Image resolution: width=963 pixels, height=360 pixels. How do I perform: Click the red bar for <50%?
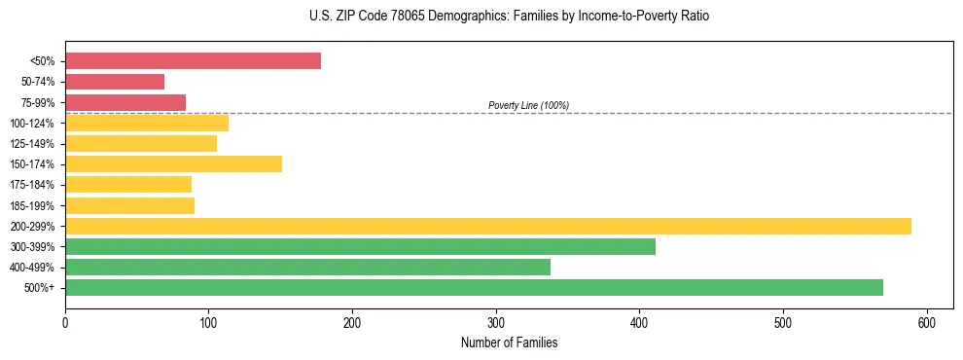tap(193, 61)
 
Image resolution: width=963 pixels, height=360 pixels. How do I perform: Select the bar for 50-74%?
tap(115, 82)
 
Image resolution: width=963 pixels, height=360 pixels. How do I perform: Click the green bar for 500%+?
tap(474, 287)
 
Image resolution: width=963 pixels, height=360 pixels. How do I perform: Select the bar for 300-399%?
tap(360, 246)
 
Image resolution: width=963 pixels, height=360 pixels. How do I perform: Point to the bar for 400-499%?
tap(307, 267)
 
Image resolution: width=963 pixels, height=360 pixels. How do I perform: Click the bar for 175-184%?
tap(128, 184)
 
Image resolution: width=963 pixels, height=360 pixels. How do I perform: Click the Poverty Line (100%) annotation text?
tap(528, 105)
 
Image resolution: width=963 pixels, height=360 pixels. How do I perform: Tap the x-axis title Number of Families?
tap(509, 343)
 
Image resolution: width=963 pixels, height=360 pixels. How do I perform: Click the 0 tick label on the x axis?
tap(65, 323)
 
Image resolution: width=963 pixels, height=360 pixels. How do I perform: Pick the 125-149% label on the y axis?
tap(32, 144)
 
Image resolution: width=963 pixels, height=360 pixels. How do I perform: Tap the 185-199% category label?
tap(32, 205)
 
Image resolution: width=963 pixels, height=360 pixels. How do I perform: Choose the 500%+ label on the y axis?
tap(40, 288)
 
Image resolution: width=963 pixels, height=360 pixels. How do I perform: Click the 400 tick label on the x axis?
tap(640, 323)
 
